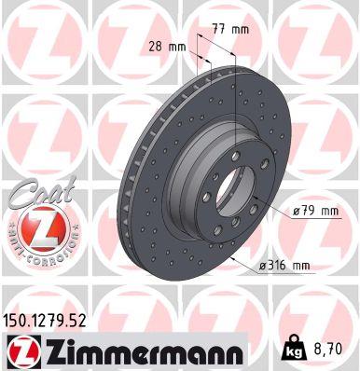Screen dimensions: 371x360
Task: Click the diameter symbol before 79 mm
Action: click(x=295, y=211)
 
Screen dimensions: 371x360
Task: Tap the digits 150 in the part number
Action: click(x=20, y=322)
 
